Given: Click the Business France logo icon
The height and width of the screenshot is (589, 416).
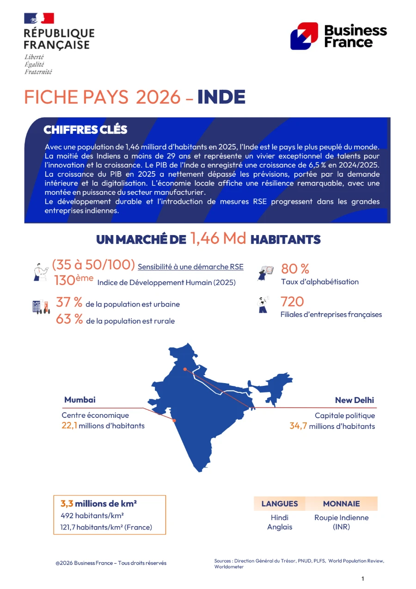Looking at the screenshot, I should pos(304,36).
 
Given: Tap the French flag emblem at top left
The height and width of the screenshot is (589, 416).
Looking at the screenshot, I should pos(39,19).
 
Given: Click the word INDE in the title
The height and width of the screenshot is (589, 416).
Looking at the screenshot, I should pos(221,97).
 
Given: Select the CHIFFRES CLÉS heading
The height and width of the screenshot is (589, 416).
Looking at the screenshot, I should pos(85,130).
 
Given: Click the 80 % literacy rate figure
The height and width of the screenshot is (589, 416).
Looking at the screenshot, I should pos(295,269).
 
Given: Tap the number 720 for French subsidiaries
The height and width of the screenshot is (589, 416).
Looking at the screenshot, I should pos(292,302).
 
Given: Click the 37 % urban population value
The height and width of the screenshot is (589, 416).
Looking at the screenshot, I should pos(69,303).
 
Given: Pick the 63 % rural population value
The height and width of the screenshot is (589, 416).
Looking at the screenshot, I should pos(69,319).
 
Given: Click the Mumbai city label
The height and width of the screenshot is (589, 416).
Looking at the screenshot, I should pos(80,400).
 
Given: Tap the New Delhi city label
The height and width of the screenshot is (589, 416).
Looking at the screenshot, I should pos(355,400).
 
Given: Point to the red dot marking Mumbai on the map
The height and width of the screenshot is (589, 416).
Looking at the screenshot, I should pos(174,420).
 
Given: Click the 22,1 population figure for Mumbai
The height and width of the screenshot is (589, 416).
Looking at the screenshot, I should pos(69,426).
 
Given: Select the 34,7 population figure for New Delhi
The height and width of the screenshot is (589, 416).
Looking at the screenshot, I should pos(298,426).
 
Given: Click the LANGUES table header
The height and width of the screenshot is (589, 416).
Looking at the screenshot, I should pos(280,504).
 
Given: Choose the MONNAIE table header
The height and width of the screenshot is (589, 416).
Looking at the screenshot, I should pos(341,504).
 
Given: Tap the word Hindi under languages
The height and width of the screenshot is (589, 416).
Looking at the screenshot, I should pos(280,518).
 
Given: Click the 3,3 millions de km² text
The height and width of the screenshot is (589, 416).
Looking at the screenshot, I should pos(98,504).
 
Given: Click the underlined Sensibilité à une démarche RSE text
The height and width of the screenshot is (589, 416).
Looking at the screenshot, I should pos(190,267).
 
